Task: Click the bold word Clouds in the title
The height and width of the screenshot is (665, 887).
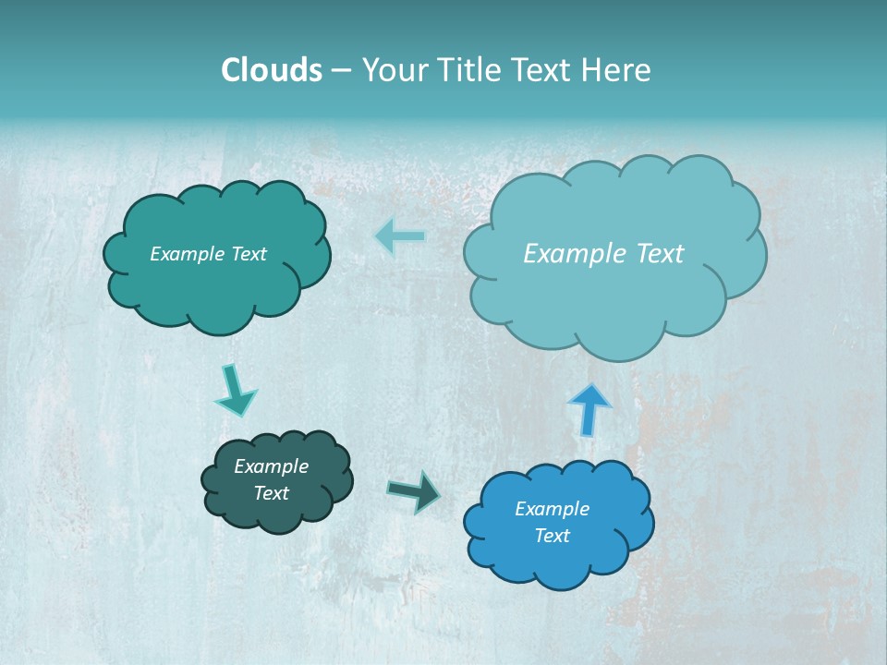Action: coord(271,70)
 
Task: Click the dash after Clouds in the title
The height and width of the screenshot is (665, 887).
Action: coord(340,71)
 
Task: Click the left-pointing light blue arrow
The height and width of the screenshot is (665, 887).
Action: coord(401,236)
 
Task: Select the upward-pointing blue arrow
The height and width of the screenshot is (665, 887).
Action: coord(589,407)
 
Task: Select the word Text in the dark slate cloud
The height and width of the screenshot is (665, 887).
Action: coord(271,493)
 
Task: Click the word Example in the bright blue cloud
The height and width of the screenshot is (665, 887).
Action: coord(552,509)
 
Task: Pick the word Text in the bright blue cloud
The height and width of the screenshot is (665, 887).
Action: coord(552,536)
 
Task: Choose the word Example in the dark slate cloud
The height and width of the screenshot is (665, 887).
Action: coord(271,466)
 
